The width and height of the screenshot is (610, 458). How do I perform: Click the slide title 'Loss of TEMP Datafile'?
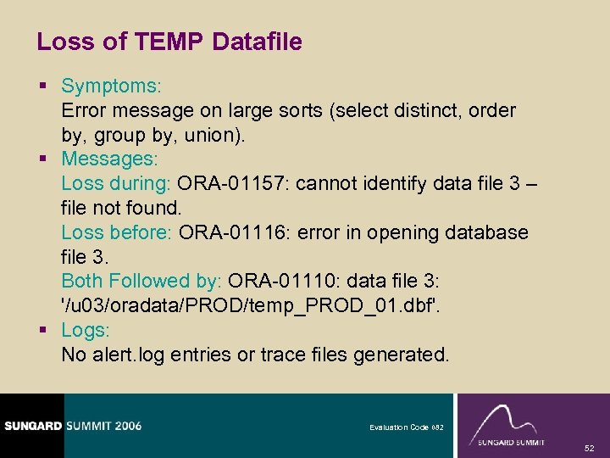(169, 42)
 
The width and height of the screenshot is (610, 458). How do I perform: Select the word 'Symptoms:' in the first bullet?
(112, 87)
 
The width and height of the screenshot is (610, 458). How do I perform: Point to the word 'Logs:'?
(85, 330)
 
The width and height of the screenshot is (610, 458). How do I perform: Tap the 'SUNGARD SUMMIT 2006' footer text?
(71, 426)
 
